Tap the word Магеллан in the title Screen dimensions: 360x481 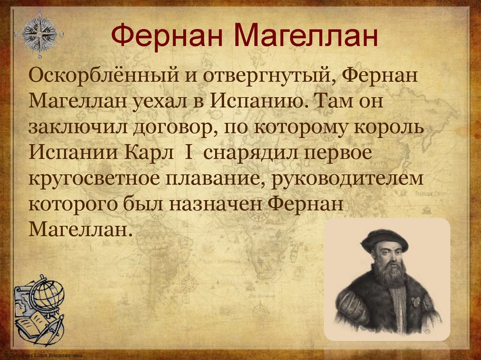(305, 36)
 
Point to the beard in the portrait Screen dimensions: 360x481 (389, 271)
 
